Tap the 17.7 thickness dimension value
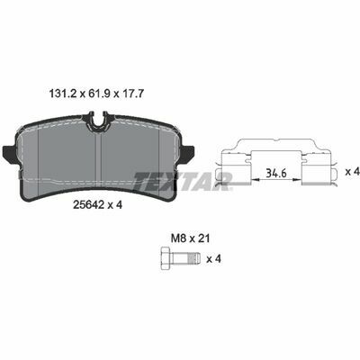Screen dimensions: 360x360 pos(133,94)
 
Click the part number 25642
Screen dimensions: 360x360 pos(89,205)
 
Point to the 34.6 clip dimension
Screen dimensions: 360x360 pos(276,173)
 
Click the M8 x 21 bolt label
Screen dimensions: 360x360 pos(190,238)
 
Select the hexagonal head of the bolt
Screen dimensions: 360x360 pos(166,258)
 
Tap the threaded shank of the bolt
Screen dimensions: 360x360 pos(185,258)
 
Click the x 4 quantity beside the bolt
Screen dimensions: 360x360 pos(213,259)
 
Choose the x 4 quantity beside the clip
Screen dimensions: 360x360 pos(352,172)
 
